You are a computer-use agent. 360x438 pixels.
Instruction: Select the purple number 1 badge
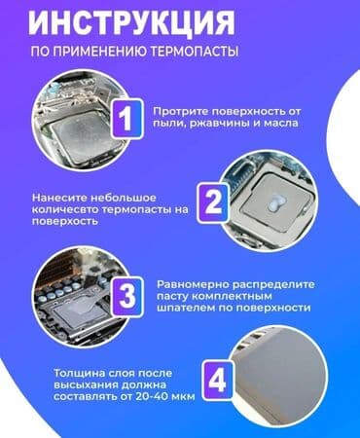click(126, 119)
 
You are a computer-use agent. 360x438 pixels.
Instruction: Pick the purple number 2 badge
click(213, 201)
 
